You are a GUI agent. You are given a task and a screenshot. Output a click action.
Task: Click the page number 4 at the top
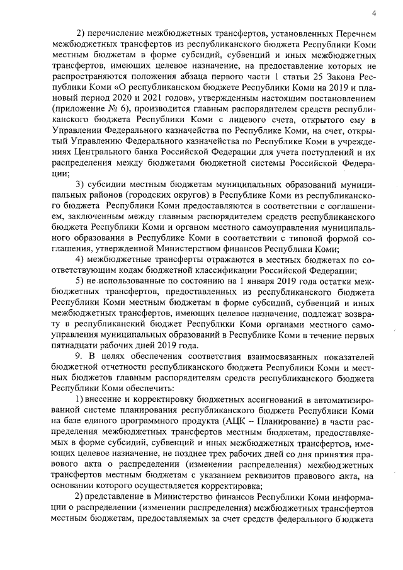(374, 13)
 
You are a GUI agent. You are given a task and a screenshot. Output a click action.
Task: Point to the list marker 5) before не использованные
(81, 281)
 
